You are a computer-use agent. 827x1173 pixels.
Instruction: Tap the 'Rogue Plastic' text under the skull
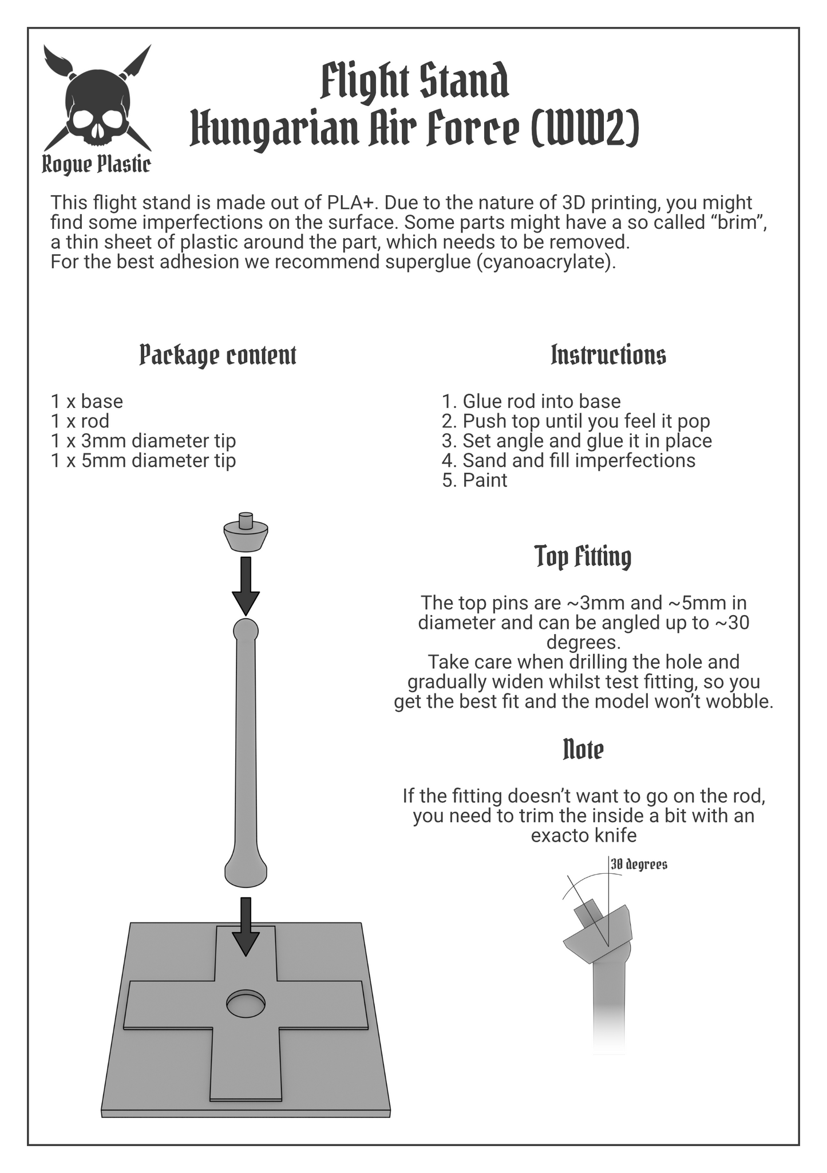[96, 165]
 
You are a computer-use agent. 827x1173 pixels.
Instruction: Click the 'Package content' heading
[218, 355]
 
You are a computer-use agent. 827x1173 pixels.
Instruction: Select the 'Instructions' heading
[608, 355]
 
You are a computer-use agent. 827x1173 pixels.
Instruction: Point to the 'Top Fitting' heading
[583, 557]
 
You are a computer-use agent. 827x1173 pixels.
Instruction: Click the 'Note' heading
[583, 749]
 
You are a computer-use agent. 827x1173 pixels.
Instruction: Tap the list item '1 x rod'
[80, 421]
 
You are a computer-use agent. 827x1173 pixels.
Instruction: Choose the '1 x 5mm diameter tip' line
[143, 461]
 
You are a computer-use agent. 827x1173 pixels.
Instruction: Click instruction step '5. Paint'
[474, 480]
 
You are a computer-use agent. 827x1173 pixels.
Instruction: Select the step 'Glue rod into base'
[541, 402]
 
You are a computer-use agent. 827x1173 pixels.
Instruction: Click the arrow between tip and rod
[246, 586]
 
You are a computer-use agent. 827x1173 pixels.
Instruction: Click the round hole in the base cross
[246, 1004]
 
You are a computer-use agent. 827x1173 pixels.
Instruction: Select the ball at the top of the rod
[246, 631]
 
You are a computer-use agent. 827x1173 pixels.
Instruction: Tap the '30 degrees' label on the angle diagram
[639, 864]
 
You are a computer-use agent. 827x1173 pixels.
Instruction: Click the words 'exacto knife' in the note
[584, 835]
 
